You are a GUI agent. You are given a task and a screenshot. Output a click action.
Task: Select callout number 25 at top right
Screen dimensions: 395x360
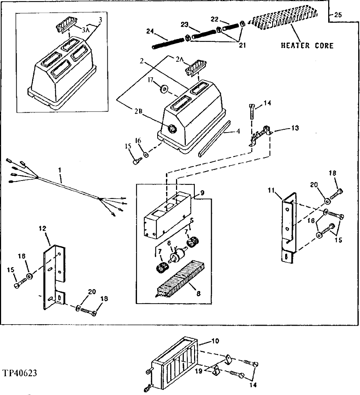pos(337,16)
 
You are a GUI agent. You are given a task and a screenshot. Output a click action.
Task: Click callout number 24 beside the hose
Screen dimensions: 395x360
pos(150,32)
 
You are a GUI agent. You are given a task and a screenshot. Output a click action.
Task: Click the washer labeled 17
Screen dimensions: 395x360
pos(164,88)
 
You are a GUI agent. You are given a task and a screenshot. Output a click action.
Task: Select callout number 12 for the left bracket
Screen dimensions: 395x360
pos(42,229)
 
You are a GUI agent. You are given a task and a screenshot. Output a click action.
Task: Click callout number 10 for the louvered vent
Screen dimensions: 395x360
pos(215,341)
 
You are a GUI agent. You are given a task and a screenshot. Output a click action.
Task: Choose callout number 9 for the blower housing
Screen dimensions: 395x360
pos(202,193)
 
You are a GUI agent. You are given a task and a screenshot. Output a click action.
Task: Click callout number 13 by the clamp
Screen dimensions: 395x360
pos(295,129)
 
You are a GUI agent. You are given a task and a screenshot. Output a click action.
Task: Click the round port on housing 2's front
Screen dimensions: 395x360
pos(172,128)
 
